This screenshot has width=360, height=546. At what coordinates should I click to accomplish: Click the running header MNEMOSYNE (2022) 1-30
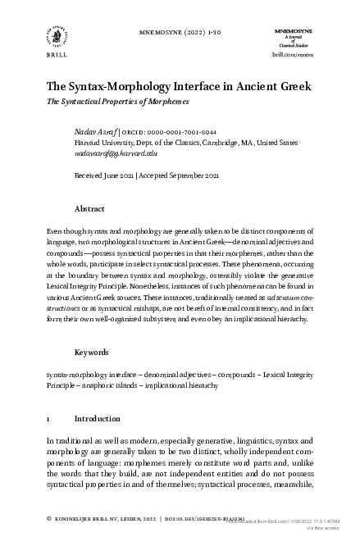[179, 34]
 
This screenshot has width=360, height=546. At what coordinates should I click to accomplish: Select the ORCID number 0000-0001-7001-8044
[181, 131]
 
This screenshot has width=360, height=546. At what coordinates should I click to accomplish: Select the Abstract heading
[89, 209]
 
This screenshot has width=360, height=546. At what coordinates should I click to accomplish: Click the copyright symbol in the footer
[49, 519]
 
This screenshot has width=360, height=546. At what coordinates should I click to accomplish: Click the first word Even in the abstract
[55, 232]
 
